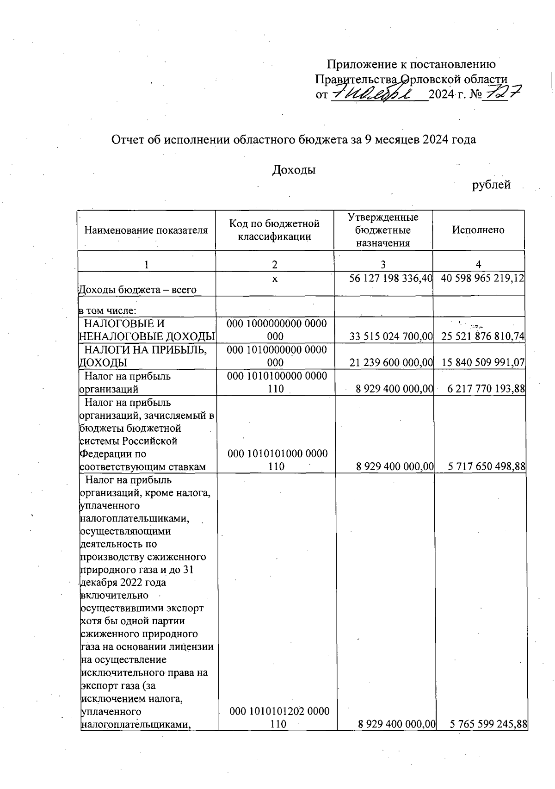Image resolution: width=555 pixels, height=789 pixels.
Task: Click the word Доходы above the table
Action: pyautogui.click(x=294, y=170)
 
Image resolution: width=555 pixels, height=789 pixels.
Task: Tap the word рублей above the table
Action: pyautogui.click(x=491, y=185)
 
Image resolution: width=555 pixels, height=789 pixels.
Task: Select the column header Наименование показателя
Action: pyautogui.click(x=146, y=230)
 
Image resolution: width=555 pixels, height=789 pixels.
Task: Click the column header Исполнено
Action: pyautogui.click(x=478, y=230)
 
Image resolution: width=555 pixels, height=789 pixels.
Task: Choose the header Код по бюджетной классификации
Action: pyautogui.click(x=274, y=230)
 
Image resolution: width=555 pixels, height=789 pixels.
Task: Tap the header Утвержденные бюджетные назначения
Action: pyautogui.click(x=383, y=230)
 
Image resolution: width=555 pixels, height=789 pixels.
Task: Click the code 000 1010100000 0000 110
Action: pyautogui.click(x=277, y=382)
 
